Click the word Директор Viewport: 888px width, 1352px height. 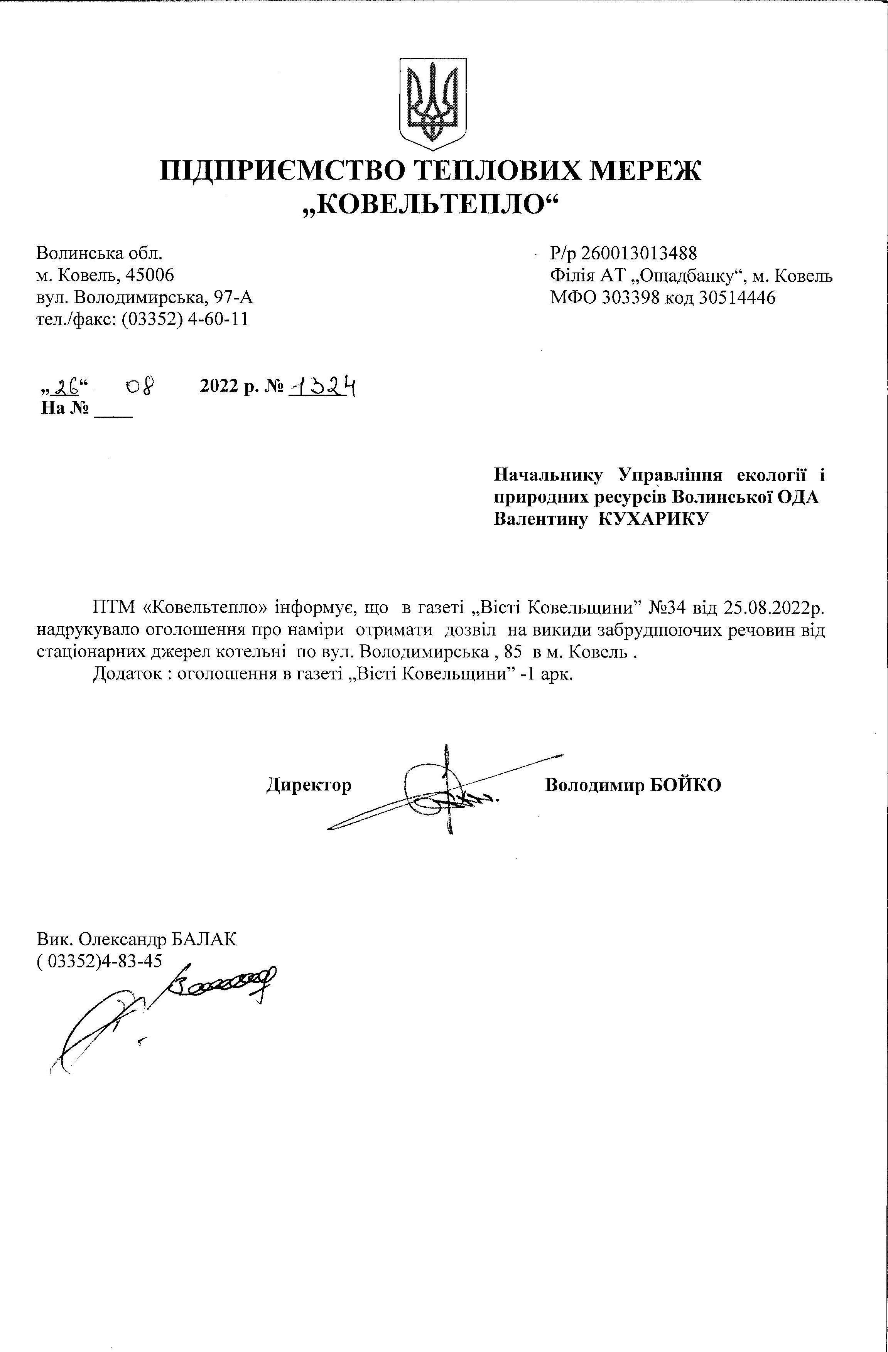coord(309,785)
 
